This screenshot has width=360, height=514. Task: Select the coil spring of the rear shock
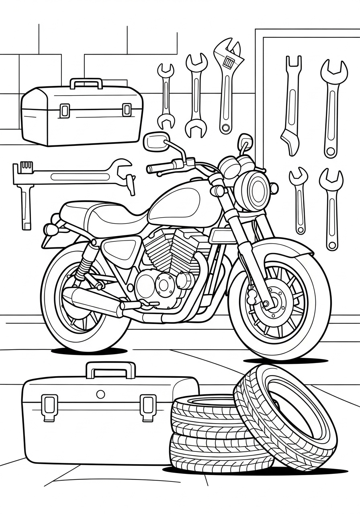coord(85,265)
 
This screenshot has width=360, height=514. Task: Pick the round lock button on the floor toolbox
coord(100,394)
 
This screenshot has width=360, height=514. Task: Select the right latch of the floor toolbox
coord(148,407)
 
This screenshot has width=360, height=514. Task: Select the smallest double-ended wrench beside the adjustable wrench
coord(166,96)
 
